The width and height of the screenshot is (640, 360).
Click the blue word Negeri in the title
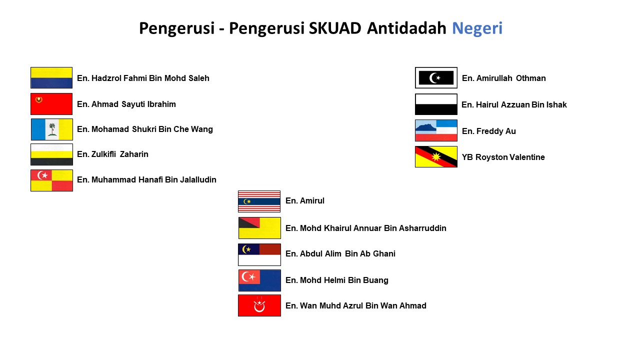(477, 28)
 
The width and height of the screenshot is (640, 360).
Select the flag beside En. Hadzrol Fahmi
(51, 78)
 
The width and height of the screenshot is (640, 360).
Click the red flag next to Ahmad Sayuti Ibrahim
(51, 104)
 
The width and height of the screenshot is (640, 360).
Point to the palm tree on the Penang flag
(52, 129)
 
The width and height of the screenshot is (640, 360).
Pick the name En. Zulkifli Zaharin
(112, 154)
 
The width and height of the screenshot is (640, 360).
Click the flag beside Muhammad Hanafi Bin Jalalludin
(51, 180)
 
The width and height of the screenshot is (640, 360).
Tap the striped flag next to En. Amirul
(259, 201)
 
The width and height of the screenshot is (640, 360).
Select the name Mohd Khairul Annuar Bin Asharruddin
(365, 228)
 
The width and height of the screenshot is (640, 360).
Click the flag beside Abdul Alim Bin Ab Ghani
(259, 254)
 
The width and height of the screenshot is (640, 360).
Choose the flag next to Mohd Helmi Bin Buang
(259, 280)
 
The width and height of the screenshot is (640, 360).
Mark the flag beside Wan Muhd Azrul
(259, 305)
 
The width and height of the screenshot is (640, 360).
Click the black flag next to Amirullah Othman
(436, 78)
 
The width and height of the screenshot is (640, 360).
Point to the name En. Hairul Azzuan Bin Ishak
(514, 104)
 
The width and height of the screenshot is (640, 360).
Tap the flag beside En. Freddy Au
(436, 130)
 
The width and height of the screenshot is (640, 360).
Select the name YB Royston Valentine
(503, 157)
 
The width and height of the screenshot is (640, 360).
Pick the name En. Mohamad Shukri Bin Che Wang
(144, 129)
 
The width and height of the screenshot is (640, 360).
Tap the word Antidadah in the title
(406, 28)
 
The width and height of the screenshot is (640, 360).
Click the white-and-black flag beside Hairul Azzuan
(436, 104)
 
